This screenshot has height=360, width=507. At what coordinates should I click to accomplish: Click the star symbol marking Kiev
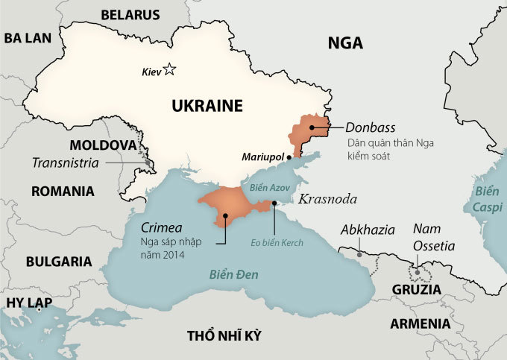[x=169, y=70]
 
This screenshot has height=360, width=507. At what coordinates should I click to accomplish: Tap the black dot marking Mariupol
[x=289, y=157]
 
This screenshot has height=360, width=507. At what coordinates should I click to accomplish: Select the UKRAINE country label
[x=207, y=106]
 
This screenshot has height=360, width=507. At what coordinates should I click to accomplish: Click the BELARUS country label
[x=130, y=14]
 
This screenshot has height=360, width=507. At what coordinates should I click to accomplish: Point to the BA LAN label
[x=26, y=39]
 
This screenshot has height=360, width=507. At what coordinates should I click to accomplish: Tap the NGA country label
[x=345, y=43]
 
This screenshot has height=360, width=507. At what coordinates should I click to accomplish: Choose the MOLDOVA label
[x=102, y=144]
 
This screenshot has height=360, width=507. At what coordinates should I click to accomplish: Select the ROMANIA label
[x=63, y=191]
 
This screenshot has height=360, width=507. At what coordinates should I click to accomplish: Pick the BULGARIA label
[x=58, y=262]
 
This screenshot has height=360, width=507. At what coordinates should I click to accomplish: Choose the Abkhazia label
[x=368, y=230]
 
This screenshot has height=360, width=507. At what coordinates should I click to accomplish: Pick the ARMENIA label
[x=420, y=323]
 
